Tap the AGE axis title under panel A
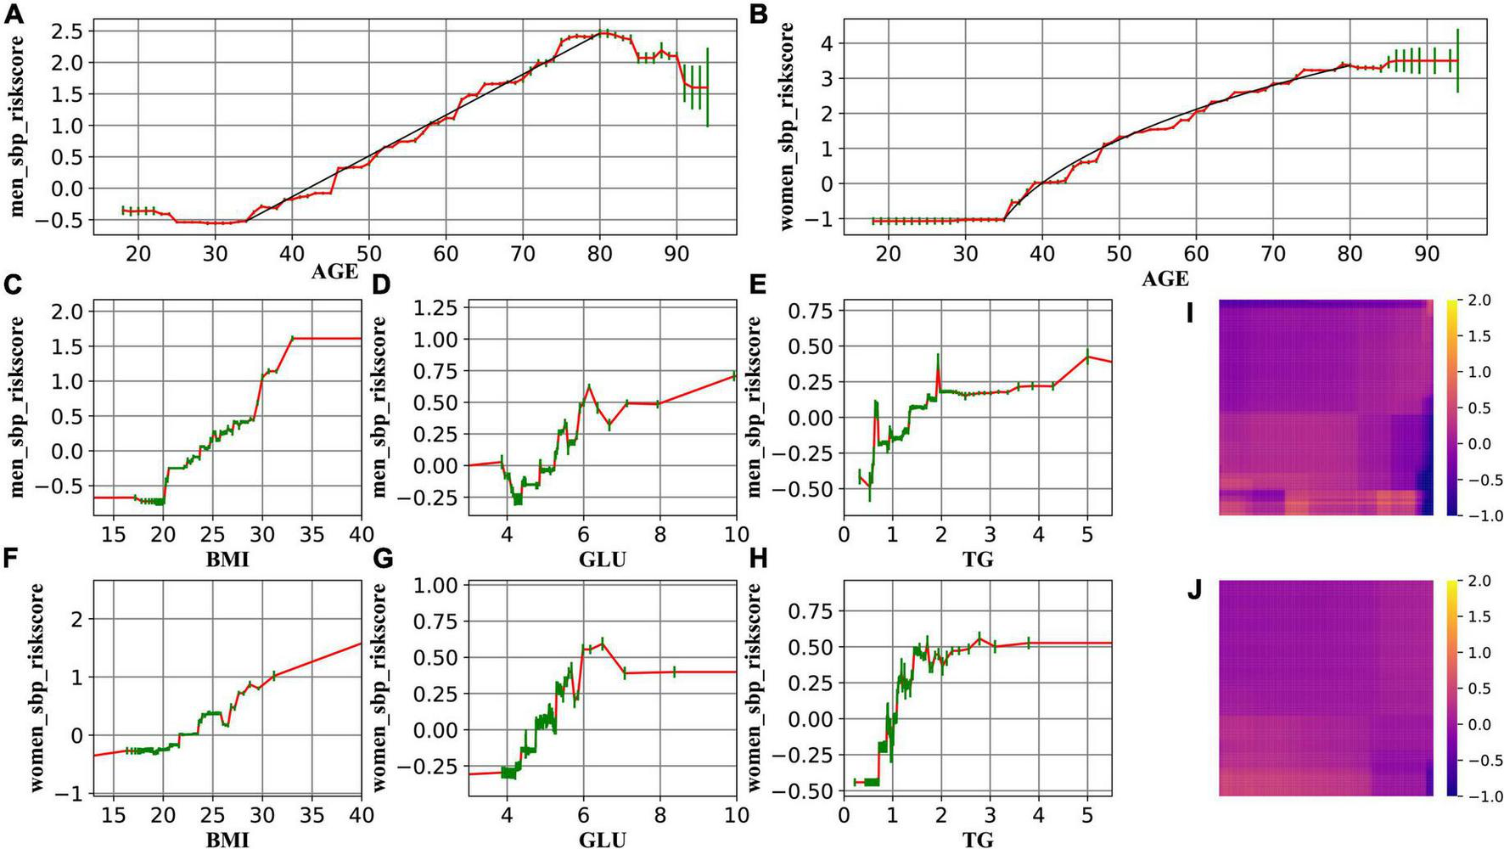[x=334, y=271]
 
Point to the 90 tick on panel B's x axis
[x=1426, y=253]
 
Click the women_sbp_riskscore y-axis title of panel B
[x=787, y=127]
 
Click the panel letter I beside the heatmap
[x=1191, y=313]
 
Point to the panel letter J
[x=1193, y=590]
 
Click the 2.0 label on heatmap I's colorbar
[x=1479, y=301]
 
